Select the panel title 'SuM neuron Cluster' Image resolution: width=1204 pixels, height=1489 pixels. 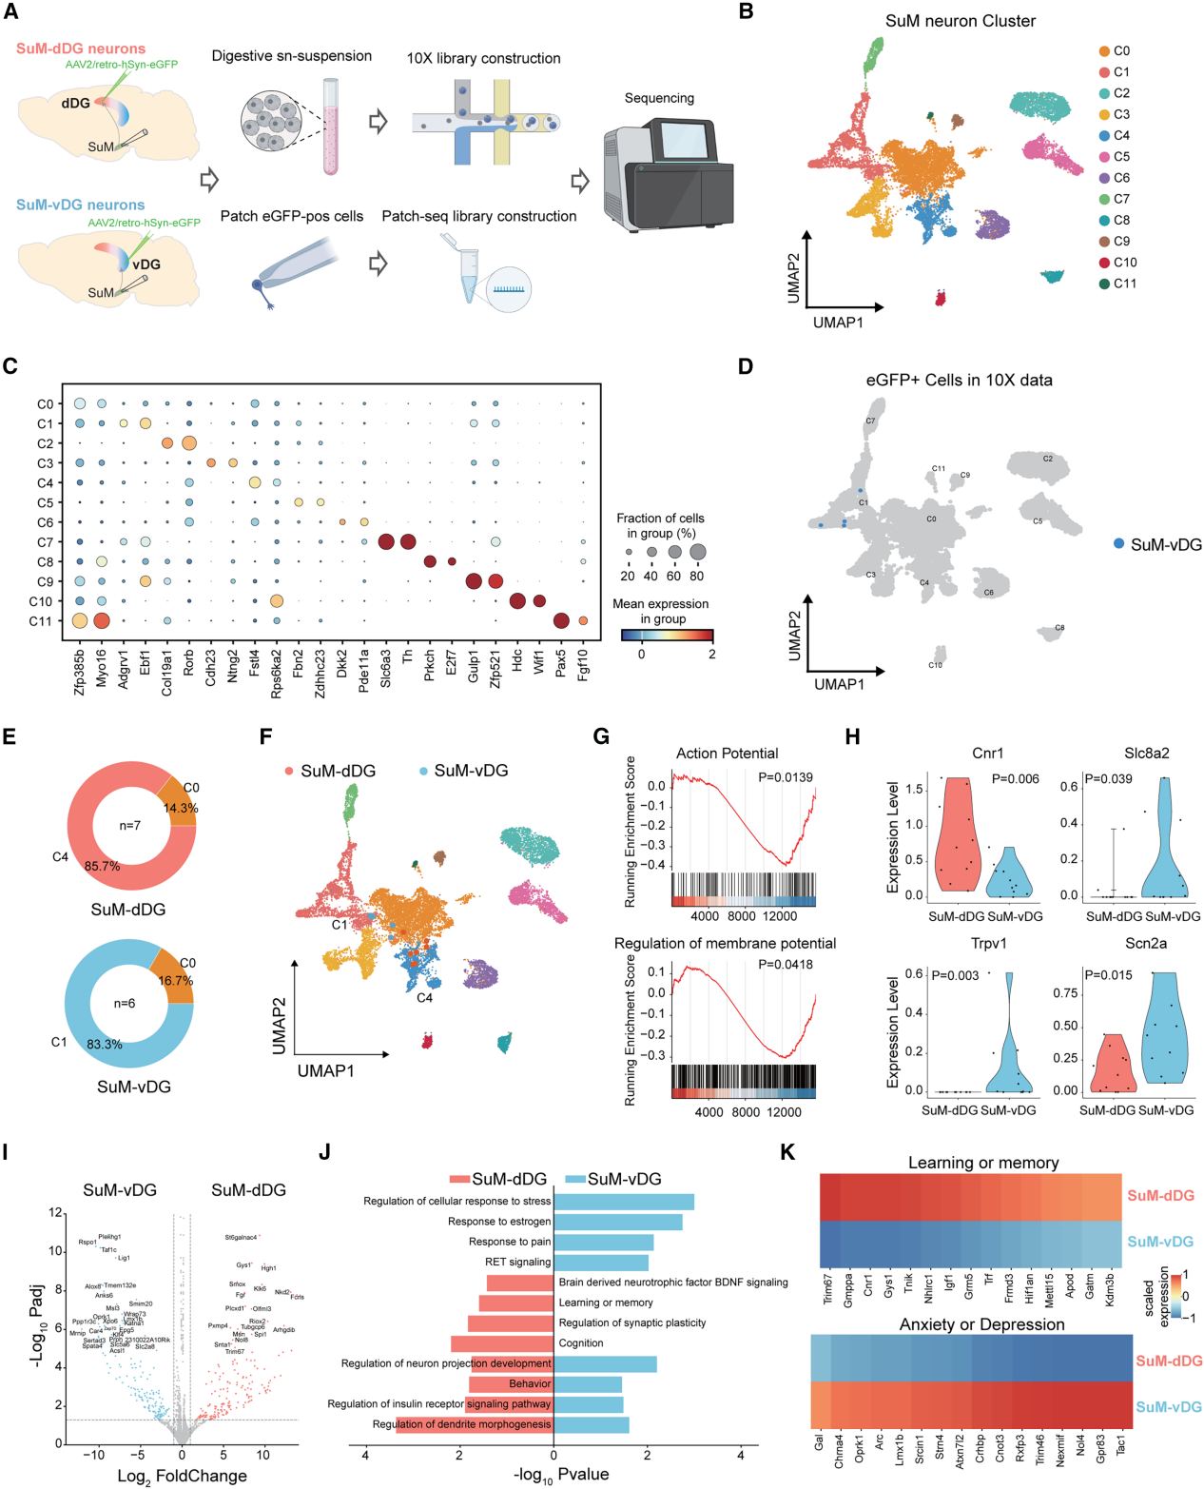[960, 21]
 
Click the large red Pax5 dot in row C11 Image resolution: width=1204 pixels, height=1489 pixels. [561, 621]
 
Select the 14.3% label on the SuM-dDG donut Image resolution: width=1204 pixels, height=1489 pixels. [181, 808]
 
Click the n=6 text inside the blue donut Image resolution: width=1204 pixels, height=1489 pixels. [125, 1003]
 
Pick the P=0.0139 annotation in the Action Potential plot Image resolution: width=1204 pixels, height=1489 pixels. [785, 777]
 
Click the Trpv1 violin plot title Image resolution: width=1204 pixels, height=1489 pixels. [988, 943]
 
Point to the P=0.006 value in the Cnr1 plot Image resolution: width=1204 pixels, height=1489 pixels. [1015, 779]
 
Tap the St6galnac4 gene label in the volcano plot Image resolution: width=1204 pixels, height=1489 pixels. [241, 1237]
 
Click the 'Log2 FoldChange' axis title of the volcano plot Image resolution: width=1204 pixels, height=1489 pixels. [182, 1476]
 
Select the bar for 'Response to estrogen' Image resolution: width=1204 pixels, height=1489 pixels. [617, 1222]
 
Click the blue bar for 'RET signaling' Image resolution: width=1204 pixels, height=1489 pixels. [601, 1263]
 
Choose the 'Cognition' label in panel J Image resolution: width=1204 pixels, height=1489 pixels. [581, 1343]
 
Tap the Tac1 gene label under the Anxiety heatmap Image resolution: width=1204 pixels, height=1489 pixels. [1120, 1444]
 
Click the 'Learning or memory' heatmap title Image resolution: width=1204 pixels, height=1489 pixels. [982, 1163]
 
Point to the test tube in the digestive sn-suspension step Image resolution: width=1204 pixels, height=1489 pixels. [330, 127]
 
